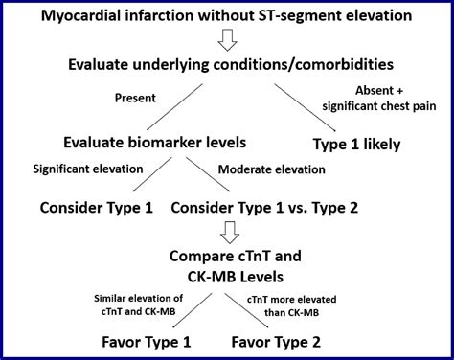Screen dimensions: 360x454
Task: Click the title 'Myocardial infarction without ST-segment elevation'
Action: tap(227, 17)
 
